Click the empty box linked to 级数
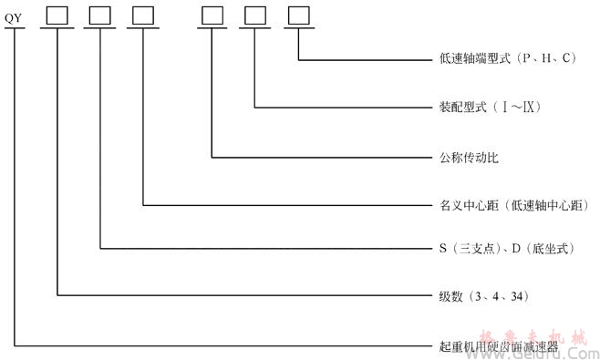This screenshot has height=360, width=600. [57, 15]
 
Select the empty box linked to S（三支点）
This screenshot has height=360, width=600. [98, 15]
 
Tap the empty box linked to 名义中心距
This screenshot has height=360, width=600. [142, 15]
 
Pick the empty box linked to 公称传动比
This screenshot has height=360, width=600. [212, 15]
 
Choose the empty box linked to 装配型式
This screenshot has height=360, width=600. [253, 15]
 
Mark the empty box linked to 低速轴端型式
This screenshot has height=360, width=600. [296, 15]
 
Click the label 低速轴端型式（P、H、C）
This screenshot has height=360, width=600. [506, 59]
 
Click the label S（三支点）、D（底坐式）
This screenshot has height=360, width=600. [498, 247]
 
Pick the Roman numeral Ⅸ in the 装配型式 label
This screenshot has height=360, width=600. [527, 108]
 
